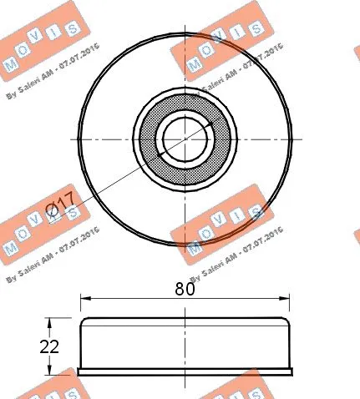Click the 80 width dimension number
[x=185, y=290]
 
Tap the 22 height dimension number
[x=49, y=345]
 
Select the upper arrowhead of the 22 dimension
[x=56, y=321]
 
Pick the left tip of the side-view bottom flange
[x=78, y=371]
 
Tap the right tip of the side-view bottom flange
[x=292, y=371]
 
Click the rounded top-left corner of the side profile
[x=84, y=321]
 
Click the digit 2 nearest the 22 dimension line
[x=54, y=345]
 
